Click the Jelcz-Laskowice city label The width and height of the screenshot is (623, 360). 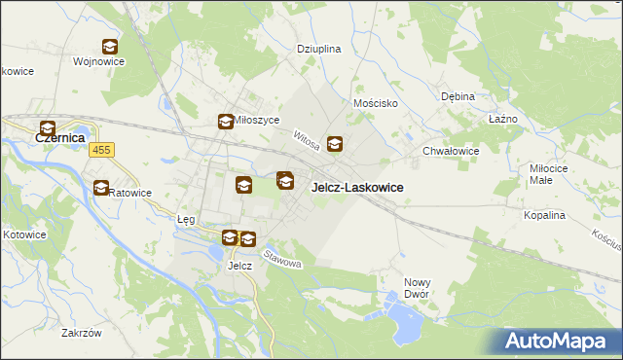pyautogui.click(x=357, y=187)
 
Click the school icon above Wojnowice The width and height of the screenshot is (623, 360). pyautogui.click(x=110, y=46)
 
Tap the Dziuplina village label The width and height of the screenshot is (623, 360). pyautogui.click(x=318, y=48)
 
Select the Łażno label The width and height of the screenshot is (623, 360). pyautogui.click(x=502, y=119)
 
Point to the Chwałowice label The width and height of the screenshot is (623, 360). pyautogui.click(x=451, y=151)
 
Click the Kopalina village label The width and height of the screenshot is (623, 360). pyautogui.click(x=544, y=214)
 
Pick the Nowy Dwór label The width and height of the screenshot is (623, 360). pyautogui.click(x=418, y=288)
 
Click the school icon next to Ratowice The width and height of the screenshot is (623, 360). pyautogui.click(x=101, y=188)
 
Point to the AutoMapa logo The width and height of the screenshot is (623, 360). pyautogui.click(x=558, y=341)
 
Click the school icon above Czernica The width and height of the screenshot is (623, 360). pyautogui.click(x=47, y=126)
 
